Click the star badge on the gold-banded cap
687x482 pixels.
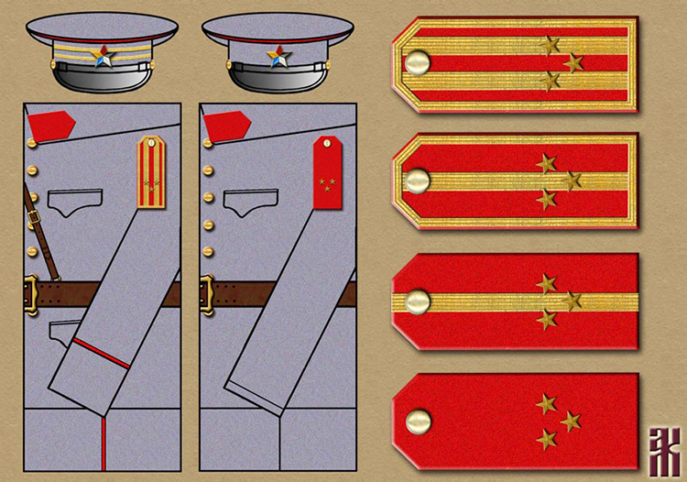(x=102, y=59)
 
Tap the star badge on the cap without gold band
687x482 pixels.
(x=277, y=59)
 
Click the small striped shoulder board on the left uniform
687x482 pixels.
(x=152, y=171)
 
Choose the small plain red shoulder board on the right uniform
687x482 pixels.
(x=326, y=171)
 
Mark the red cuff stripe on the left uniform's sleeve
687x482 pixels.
(x=102, y=354)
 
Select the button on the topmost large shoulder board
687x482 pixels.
(x=418, y=63)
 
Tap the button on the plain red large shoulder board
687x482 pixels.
(x=418, y=421)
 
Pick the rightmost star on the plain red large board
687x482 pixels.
(x=571, y=422)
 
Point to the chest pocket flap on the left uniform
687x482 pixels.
(x=74, y=201)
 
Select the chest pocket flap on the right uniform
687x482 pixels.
(x=249, y=201)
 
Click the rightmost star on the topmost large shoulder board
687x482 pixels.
(x=574, y=62)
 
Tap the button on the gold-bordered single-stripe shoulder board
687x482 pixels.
(x=418, y=181)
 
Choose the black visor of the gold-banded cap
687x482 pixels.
(x=101, y=79)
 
